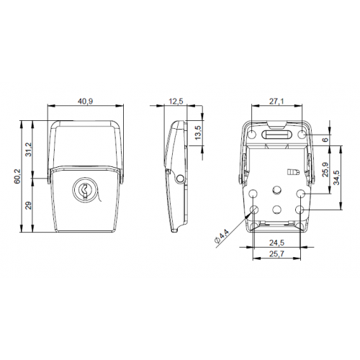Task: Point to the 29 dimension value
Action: click(30, 205)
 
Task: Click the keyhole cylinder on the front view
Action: click(84, 191)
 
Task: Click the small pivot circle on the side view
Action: click(178, 179)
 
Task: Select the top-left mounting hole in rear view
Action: click(254, 193)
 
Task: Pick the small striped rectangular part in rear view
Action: click(292, 172)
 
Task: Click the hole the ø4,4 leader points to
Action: click(254, 210)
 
